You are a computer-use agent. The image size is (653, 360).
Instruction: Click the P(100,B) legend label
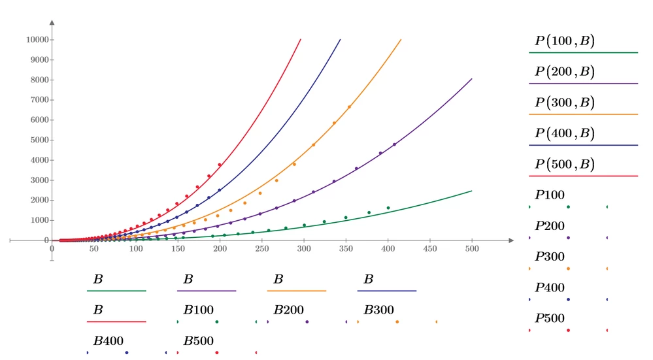click(x=565, y=41)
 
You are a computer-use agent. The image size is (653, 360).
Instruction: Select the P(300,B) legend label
click(x=565, y=103)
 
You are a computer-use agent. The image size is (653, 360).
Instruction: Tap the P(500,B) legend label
click(x=565, y=164)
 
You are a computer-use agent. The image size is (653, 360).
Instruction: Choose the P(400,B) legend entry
click(x=565, y=133)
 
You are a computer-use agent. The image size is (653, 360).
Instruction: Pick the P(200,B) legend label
click(x=565, y=72)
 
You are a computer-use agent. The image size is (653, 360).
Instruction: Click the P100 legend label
click(x=550, y=195)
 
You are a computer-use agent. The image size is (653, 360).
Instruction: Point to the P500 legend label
click(x=550, y=318)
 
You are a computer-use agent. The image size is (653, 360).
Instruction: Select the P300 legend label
click(x=550, y=256)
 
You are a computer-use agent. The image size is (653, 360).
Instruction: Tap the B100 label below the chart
click(x=199, y=310)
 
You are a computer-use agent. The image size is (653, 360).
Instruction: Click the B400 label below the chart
click(x=109, y=341)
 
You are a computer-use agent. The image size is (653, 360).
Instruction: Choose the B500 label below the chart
click(x=199, y=341)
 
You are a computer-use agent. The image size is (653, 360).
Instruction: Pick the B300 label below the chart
click(x=379, y=310)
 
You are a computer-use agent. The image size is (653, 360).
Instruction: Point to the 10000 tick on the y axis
click(x=37, y=40)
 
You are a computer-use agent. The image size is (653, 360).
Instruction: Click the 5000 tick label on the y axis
click(x=40, y=140)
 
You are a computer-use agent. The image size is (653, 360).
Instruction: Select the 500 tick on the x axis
click(x=472, y=248)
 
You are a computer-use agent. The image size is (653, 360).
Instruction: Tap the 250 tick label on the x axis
click(x=262, y=248)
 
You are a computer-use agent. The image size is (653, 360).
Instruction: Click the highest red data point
click(x=220, y=165)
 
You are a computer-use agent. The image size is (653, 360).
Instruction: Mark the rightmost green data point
click(x=388, y=208)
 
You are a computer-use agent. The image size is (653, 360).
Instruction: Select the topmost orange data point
click(x=349, y=107)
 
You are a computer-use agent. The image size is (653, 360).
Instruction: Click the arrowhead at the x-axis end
click(x=511, y=240)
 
